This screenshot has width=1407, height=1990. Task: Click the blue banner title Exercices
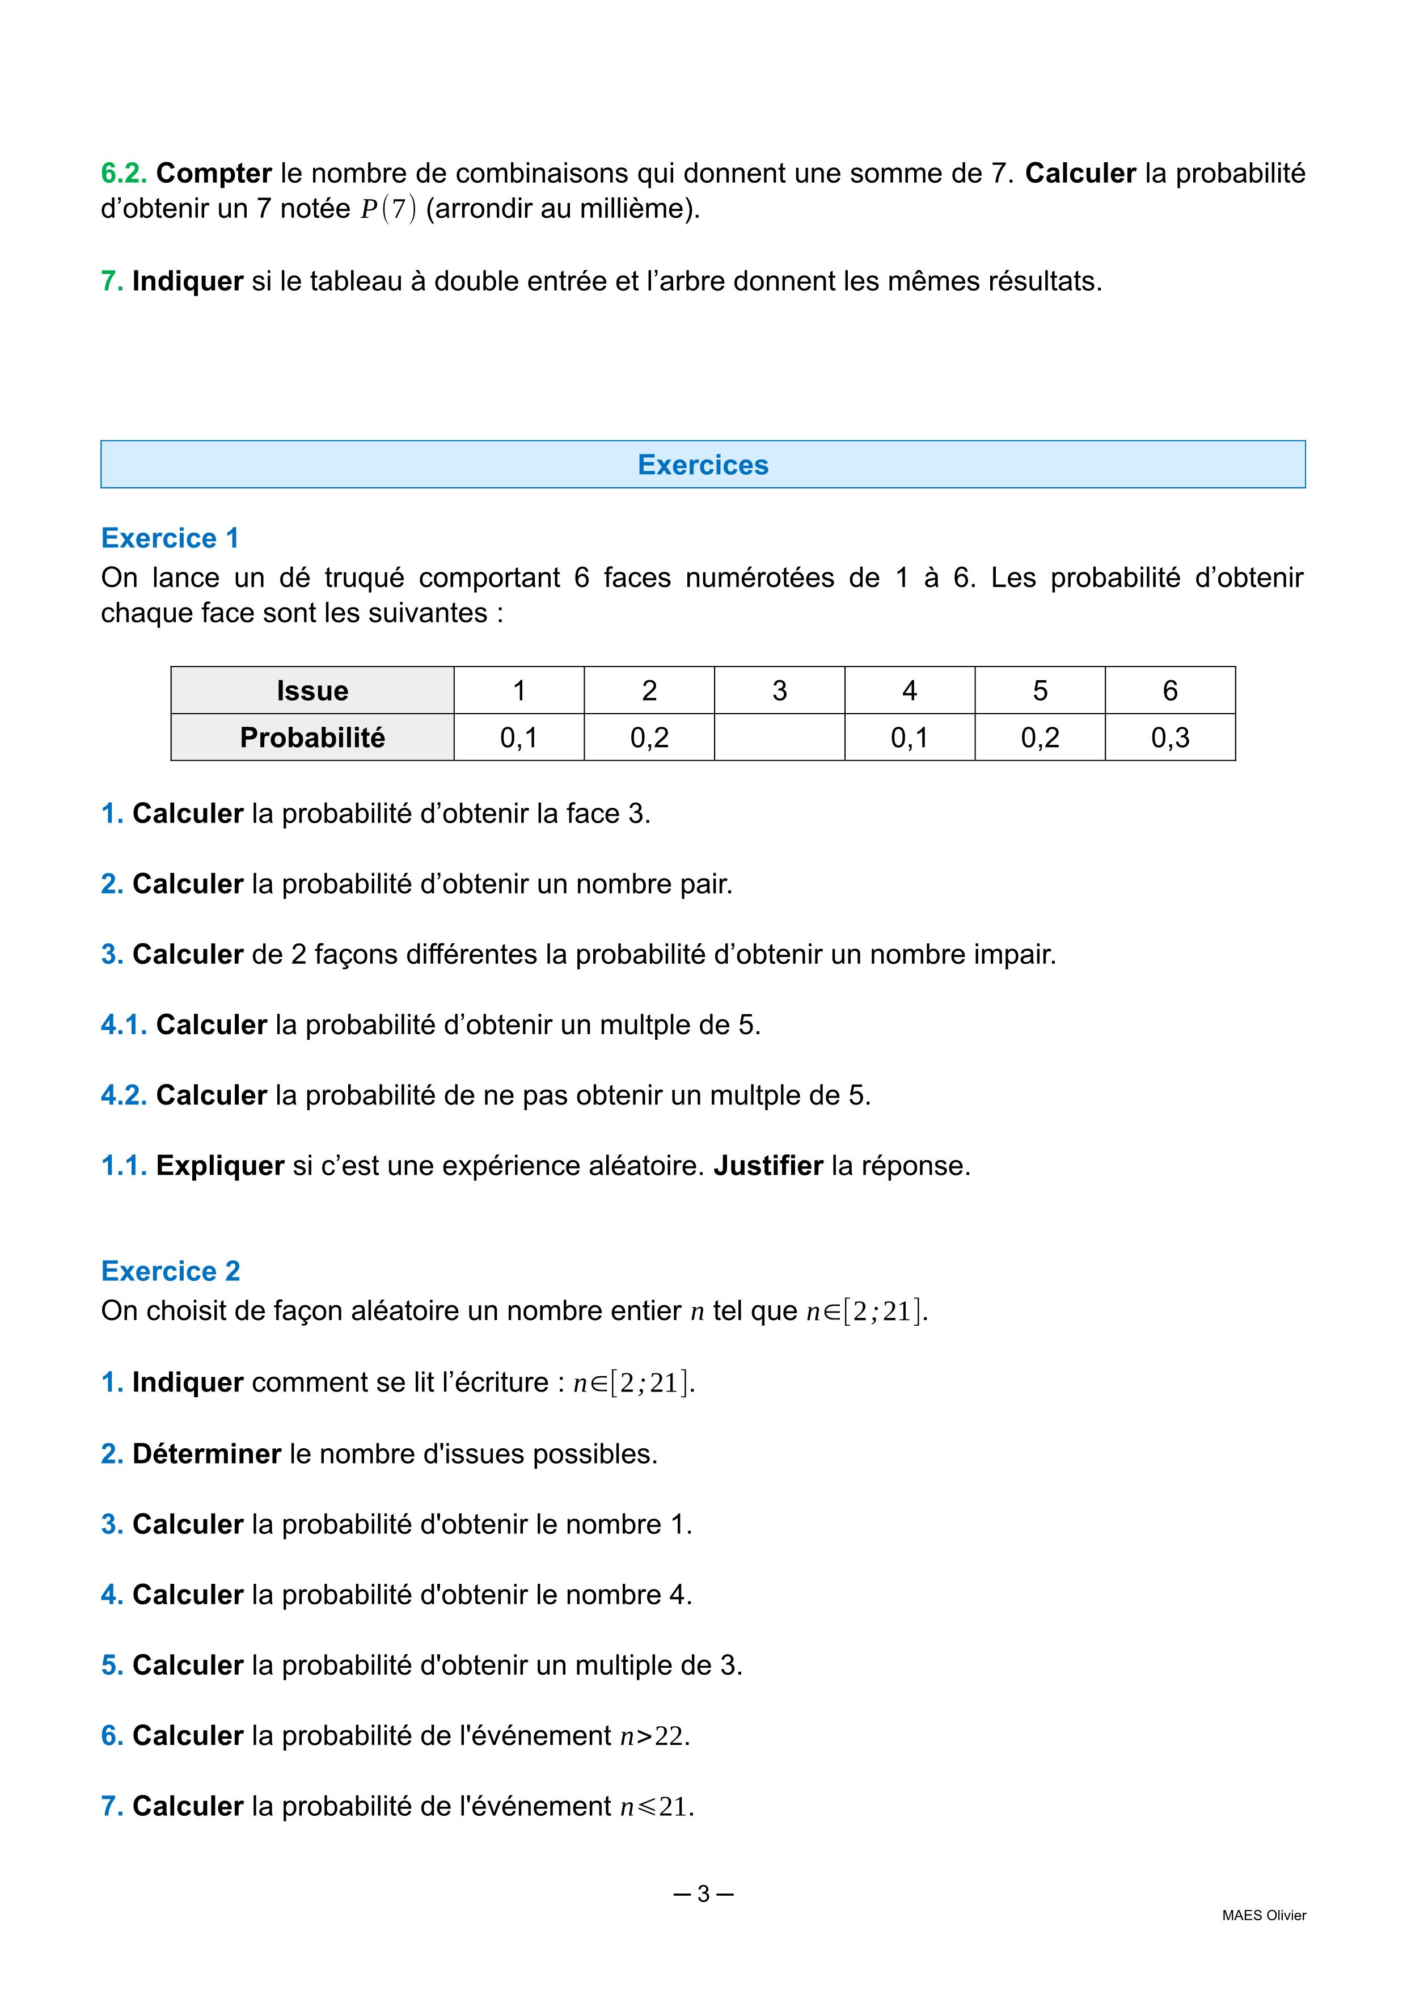(703, 465)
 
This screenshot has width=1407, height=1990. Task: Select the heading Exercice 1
(170, 538)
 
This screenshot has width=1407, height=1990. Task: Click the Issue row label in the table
(312, 691)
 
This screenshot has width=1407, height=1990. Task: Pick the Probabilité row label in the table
(312, 737)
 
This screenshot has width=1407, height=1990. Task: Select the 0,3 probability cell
(1169, 737)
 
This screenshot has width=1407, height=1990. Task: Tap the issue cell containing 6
(1169, 691)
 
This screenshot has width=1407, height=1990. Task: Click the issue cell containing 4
(909, 691)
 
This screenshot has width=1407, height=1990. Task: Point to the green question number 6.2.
(124, 174)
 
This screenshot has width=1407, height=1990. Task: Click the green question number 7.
(112, 282)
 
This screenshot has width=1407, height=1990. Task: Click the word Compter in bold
(214, 174)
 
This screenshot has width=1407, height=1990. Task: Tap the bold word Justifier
(768, 1166)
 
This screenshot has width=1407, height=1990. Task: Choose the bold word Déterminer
(206, 1453)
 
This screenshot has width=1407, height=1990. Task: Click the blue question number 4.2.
(124, 1095)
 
